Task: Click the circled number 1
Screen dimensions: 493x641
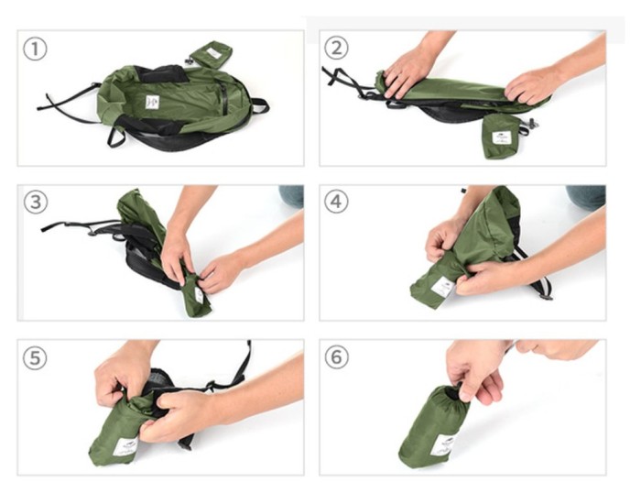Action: pos(35,49)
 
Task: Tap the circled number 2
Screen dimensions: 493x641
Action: pos(336,49)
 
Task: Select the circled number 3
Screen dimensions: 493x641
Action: pos(35,202)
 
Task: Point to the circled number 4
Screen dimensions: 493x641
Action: pos(336,202)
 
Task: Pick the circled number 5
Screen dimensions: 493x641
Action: pos(35,357)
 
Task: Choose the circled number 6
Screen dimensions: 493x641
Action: pos(336,357)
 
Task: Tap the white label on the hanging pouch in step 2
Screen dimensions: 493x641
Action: pos(501,137)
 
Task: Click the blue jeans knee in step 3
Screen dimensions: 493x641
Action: pos(291,195)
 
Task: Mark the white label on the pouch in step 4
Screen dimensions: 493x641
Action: pos(442,286)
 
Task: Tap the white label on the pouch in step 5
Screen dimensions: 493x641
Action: pos(125,447)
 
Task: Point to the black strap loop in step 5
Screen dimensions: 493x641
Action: pos(243,362)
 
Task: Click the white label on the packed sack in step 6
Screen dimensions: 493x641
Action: pos(443,445)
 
